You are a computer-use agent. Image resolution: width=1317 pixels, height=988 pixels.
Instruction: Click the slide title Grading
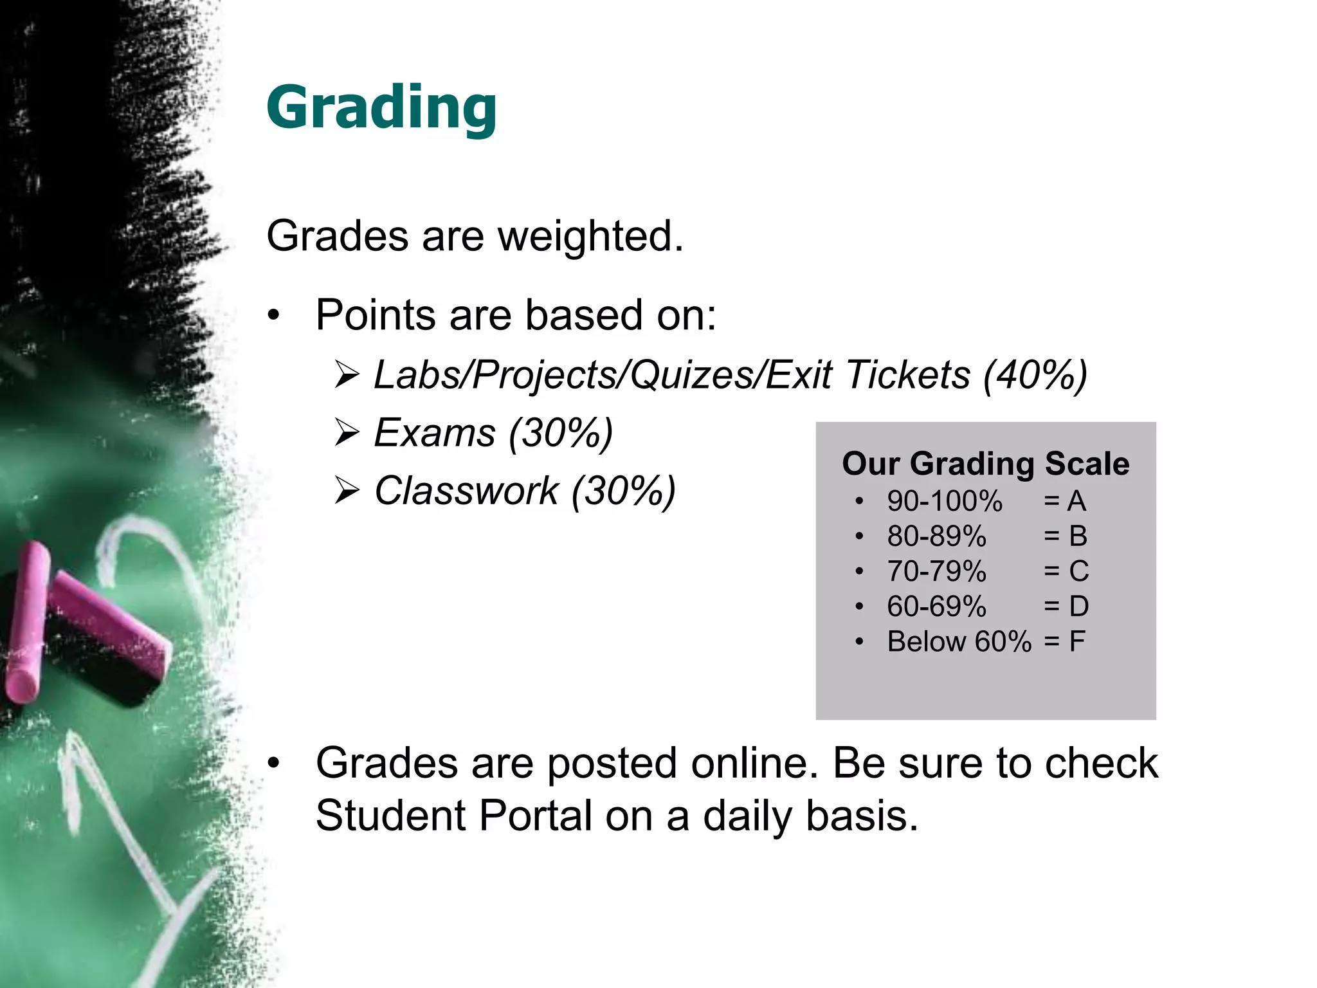[381, 108]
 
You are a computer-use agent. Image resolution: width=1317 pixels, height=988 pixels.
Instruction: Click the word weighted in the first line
[590, 236]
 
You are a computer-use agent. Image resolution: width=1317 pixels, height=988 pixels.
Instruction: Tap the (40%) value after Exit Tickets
[1035, 375]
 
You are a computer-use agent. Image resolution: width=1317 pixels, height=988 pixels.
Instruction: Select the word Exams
[435, 433]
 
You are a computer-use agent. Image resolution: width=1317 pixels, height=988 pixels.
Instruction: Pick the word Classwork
[467, 491]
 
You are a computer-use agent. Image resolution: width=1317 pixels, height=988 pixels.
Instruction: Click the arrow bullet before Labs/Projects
[347, 375]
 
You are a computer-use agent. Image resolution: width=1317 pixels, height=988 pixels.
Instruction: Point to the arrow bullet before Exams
[347, 434]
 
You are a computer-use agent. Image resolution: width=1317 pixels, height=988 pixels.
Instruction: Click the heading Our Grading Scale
[985, 464]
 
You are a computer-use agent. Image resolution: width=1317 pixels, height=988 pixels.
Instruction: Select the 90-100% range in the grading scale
[944, 502]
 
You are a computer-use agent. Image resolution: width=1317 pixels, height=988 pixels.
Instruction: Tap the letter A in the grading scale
[1076, 502]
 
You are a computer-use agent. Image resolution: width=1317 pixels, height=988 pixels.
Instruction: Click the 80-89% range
[936, 536]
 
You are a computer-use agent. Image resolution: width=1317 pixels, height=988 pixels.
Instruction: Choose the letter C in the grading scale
[1078, 571]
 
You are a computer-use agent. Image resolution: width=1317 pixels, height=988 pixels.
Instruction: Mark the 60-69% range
[936, 607]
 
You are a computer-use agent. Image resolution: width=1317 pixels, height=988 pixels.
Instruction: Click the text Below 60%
[959, 642]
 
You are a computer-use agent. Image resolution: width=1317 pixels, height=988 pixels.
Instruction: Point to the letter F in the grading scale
[1077, 642]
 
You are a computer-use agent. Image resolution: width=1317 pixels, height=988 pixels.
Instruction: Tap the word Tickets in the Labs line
[907, 375]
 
